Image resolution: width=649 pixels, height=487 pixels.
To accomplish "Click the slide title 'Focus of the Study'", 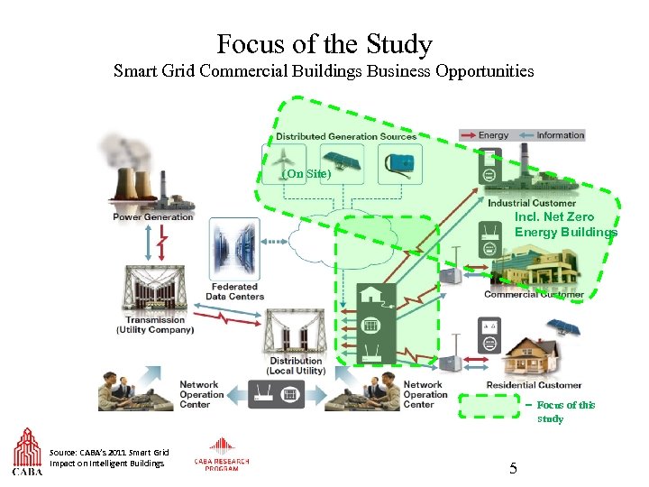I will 324,43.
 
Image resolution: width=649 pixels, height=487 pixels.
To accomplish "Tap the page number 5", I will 513,468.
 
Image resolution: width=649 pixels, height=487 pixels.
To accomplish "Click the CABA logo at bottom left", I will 27,451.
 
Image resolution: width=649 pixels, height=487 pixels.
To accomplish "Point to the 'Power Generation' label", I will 153,216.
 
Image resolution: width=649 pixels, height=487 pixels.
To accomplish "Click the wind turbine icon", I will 281,162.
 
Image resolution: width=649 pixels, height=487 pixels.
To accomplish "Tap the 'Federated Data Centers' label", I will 234,292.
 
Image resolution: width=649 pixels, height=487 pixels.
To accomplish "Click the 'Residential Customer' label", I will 535,385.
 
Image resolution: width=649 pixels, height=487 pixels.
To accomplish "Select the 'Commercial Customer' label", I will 534,294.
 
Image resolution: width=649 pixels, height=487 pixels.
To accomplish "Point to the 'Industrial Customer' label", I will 532,203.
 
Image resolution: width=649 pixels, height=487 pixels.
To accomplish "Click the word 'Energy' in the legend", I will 493,135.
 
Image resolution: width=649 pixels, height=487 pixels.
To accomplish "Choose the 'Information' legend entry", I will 560,135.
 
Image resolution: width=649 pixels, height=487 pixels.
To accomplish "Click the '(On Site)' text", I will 306,174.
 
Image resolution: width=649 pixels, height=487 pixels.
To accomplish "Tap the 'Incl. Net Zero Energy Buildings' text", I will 565,225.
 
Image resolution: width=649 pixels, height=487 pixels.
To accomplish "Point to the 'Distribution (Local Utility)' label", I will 296,366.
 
